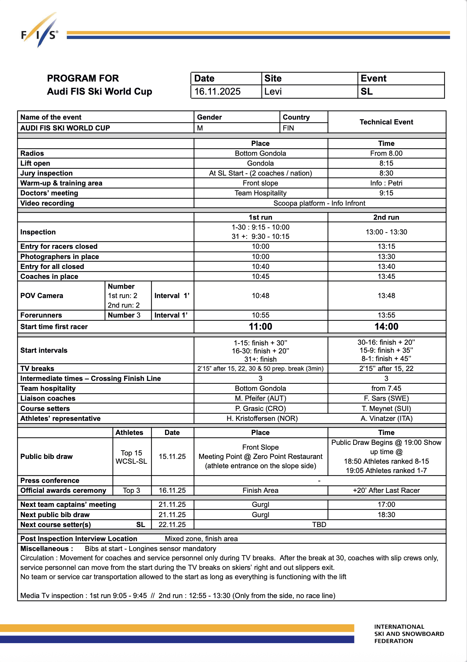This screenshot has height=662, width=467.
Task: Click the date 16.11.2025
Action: [x=218, y=91]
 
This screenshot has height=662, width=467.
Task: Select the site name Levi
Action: [x=273, y=91]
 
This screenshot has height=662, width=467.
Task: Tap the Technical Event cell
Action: [x=386, y=122]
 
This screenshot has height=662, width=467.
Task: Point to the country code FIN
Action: [x=288, y=128]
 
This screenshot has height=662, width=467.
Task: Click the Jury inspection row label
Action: [x=46, y=173]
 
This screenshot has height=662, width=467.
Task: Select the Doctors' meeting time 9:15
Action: [x=386, y=193]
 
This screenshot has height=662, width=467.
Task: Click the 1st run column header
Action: [x=260, y=217]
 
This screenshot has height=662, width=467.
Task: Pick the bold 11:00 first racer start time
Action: [x=260, y=327]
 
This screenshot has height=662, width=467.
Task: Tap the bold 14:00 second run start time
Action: [x=386, y=327]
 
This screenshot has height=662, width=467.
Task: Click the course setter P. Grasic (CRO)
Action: [x=260, y=408]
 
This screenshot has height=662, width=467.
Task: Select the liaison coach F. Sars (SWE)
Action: [x=386, y=398]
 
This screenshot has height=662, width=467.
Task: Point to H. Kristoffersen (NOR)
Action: [x=262, y=418]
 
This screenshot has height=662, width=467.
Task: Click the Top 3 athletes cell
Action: [x=131, y=490]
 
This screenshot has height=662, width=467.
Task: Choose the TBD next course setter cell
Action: [x=319, y=524]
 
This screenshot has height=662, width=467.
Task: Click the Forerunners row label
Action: [x=41, y=315]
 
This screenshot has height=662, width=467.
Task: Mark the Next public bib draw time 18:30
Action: [x=386, y=515]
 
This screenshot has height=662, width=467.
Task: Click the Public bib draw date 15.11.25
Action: [x=172, y=456]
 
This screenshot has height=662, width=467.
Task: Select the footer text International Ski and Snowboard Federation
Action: [x=409, y=634]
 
